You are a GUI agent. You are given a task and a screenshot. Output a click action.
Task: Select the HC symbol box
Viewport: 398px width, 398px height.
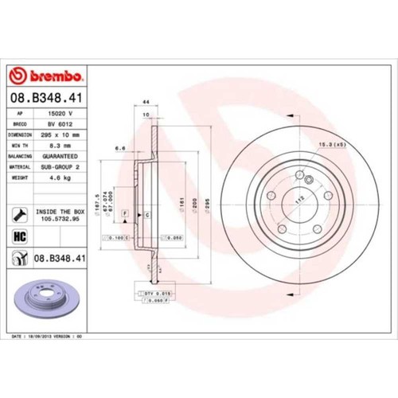click(x=19, y=236)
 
